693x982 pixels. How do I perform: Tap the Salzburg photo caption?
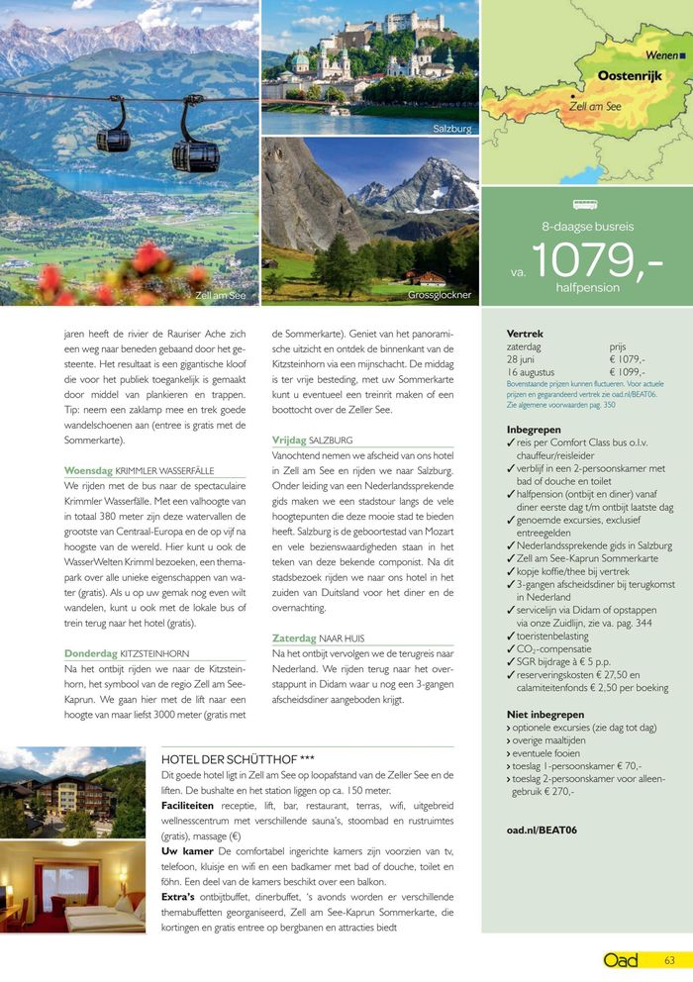click(x=452, y=129)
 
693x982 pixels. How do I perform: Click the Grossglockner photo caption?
click(x=440, y=295)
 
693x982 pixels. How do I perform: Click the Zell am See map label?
click(x=595, y=106)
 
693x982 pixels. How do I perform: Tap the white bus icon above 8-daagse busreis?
click(x=586, y=206)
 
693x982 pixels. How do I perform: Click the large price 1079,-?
click(x=598, y=259)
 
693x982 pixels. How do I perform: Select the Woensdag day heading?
click(x=88, y=470)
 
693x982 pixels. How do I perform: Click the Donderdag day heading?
click(x=92, y=653)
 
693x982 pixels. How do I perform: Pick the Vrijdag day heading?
click(x=290, y=440)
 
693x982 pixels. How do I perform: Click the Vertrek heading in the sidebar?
click(x=525, y=334)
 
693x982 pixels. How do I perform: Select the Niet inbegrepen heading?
click(x=544, y=714)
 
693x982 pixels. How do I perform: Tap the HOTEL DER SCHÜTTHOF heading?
click(x=238, y=759)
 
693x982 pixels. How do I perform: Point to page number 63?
click(x=669, y=959)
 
